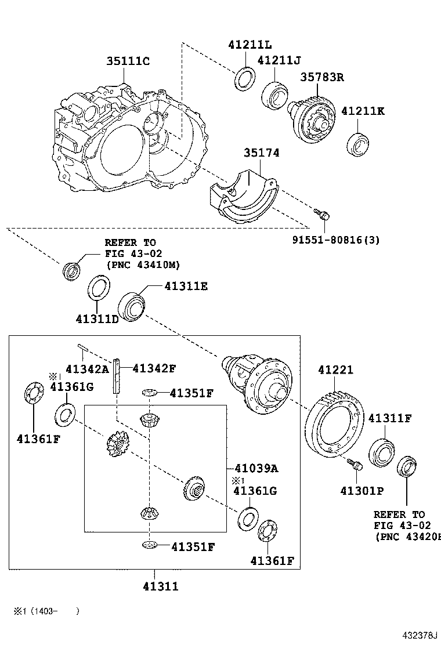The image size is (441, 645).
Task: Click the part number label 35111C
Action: tap(128, 61)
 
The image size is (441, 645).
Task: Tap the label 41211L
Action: tap(249, 45)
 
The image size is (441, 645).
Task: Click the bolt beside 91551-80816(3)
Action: tap(323, 215)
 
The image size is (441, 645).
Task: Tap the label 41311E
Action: tap(185, 286)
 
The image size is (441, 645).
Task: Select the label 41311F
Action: tap(390, 417)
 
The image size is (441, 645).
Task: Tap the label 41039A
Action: tap(256, 468)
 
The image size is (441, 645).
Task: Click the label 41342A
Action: tap(87, 369)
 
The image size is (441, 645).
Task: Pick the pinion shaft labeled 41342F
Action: tap(117, 376)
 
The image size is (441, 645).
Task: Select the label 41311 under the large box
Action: tap(160, 586)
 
